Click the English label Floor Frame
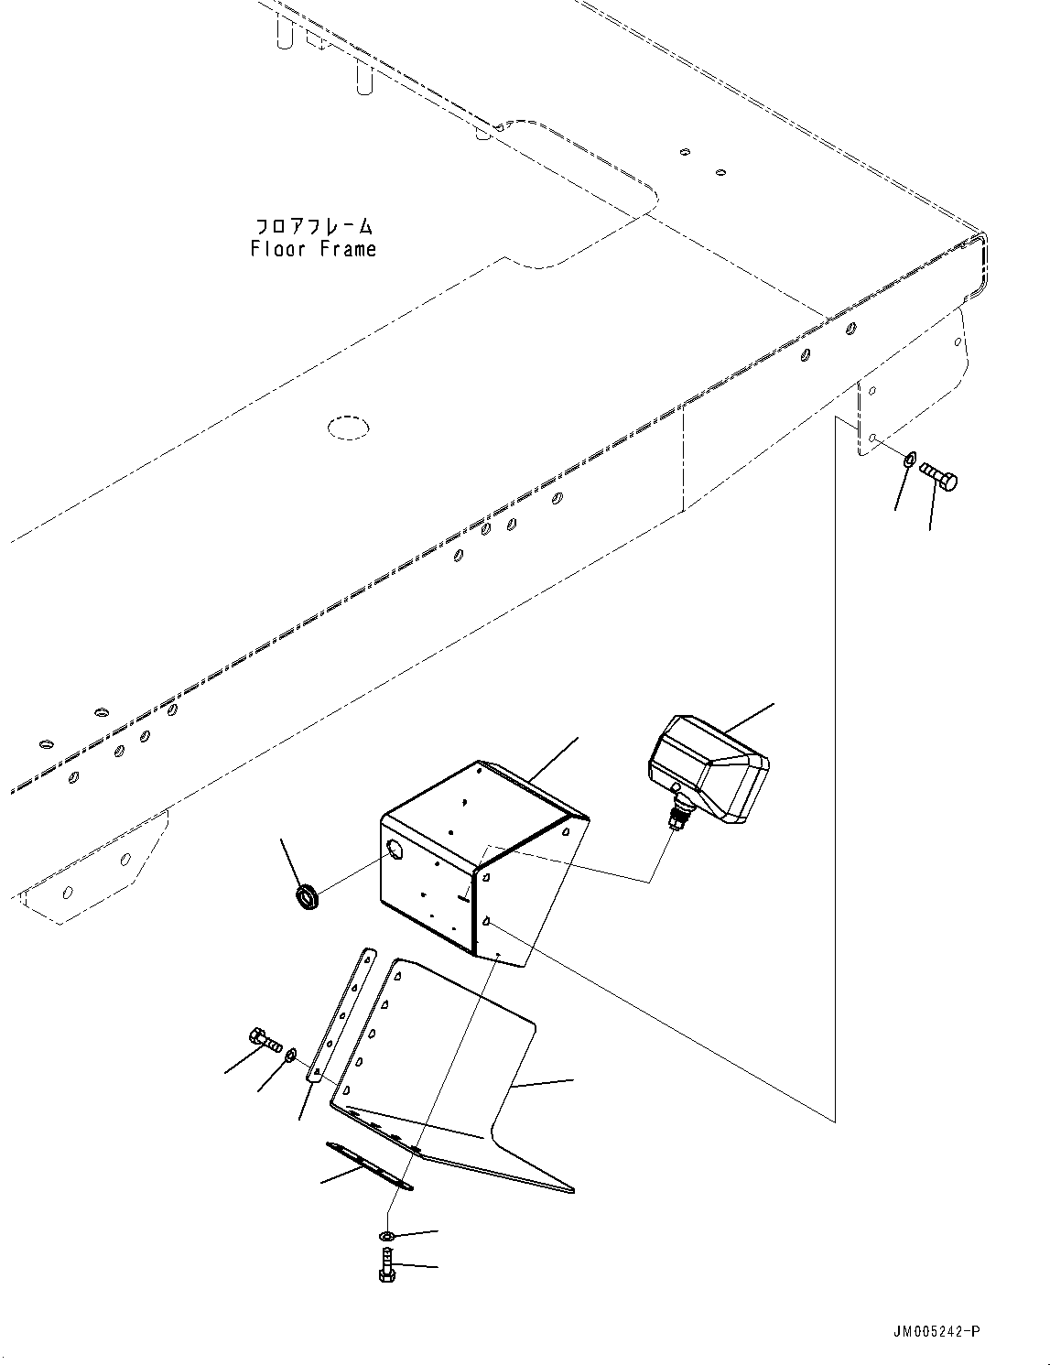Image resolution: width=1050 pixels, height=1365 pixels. coord(313,248)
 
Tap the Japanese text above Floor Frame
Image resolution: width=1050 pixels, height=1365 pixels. coord(313,225)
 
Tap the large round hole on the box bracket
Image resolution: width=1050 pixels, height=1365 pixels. coord(395,851)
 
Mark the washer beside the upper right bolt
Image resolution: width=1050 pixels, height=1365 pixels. coord(907,460)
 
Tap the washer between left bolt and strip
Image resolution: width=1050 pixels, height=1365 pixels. coord(290,1056)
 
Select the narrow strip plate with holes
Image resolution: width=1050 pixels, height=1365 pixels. coord(341,1016)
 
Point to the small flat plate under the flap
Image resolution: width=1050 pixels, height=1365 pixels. coord(368,1166)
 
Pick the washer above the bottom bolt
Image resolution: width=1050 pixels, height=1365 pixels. coord(387,1237)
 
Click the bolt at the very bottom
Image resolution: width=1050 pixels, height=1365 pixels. coord(386,1267)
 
